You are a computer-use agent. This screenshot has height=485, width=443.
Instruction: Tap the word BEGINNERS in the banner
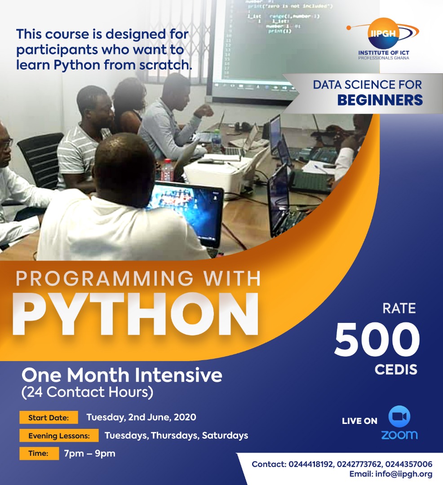tap(380, 99)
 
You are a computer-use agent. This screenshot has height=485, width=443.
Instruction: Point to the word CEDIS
tap(396, 370)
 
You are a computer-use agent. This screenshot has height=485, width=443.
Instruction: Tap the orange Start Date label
tap(49, 418)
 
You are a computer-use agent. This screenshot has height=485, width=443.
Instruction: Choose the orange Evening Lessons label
tap(59, 436)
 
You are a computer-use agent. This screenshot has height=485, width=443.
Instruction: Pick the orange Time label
tap(39, 453)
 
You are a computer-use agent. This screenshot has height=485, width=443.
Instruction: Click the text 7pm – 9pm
tap(89, 454)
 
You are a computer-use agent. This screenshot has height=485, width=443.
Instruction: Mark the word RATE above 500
tap(399, 309)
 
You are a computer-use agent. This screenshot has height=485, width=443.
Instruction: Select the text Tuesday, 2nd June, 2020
tap(141, 417)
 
